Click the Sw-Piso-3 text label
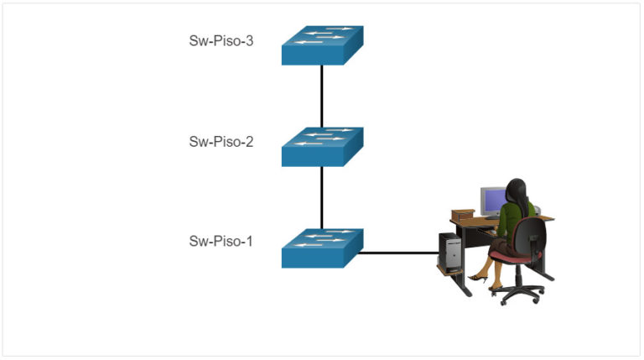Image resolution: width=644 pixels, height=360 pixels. click(221, 40)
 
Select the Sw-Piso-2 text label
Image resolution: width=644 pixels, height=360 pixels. click(221, 141)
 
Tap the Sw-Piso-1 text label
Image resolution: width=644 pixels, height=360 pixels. click(221, 242)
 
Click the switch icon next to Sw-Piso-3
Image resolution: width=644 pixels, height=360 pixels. click(322, 45)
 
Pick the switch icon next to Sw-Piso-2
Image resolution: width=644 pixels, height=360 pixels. click(322, 147)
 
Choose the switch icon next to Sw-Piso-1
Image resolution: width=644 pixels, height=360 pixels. click(322, 248)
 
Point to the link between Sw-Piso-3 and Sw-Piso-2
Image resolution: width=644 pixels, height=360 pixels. click(322, 96)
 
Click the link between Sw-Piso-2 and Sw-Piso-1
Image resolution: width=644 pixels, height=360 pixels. click(322, 197)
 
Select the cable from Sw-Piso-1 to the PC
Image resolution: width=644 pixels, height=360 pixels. click(398, 252)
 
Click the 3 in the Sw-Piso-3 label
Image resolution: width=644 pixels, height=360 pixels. click(249, 40)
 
